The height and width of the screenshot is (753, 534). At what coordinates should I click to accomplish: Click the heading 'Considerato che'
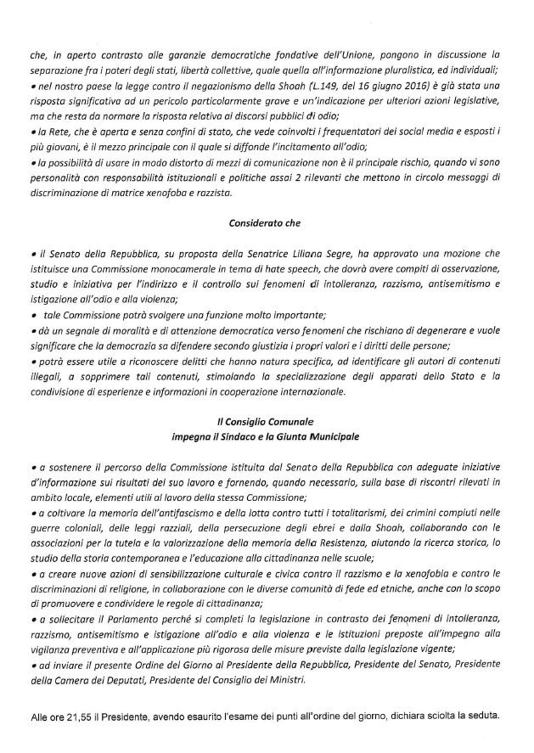(267, 224)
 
